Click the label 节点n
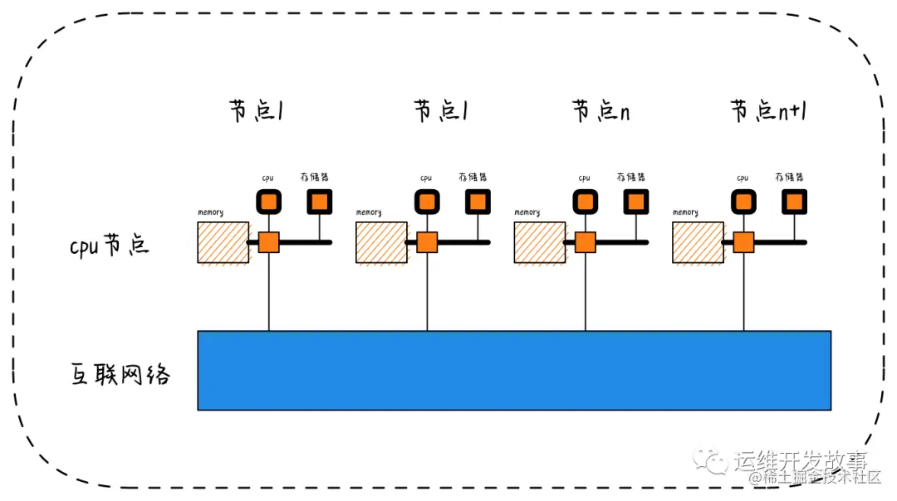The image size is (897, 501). pyautogui.click(x=600, y=111)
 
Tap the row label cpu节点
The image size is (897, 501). pyautogui.click(x=109, y=246)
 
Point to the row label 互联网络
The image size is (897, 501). pyautogui.click(x=120, y=375)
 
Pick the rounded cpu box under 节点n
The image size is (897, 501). pyautogui.click(x=585, y=202)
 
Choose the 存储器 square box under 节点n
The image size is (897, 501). pyautogui.click(x=635, y=202)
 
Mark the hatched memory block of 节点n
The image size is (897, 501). pyautogui.click(x=540, y=242)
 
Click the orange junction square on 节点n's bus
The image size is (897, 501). pyautogui.click(x=585, y=242)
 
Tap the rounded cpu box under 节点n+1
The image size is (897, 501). pyautogui.click(x=743, y=202)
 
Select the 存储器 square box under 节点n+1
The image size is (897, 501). pyautogui.click(x=794, y=202)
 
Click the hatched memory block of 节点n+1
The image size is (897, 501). pyautogui.click(x=698, y=242)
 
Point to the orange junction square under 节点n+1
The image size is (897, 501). pyautogui.click(x=743, y=242)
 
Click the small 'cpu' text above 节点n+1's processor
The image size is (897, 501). pyautogui.click(x=743, y=178)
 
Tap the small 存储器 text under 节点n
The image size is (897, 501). pyautogui.click(x=630, y=178)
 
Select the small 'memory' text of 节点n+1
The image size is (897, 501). pyautogui.click(x=685, y=212)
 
